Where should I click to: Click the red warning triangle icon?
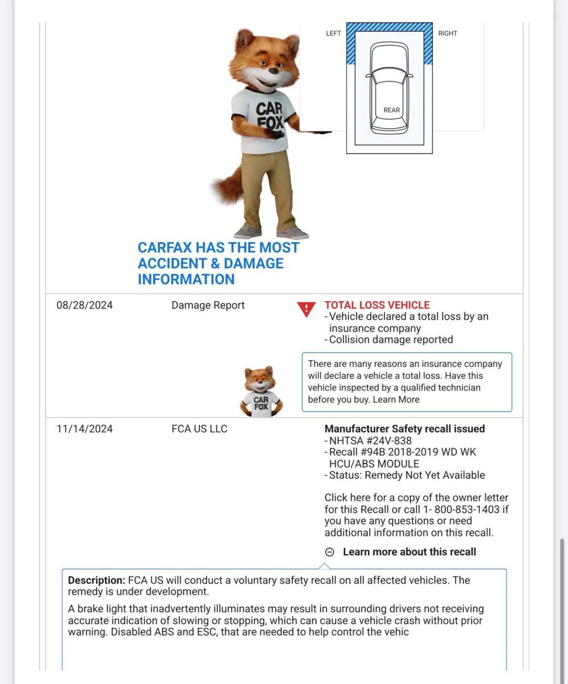click(x=307, y=309)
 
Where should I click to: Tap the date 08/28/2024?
click(x=84, y=306)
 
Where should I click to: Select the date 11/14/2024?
click(x=84, y=429)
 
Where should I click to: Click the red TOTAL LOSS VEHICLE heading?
click(x=377, y=306)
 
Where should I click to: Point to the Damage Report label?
click(x=208, y=306)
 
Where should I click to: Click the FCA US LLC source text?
click(x=199, y=429)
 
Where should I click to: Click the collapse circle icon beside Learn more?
click(x=330, y=552)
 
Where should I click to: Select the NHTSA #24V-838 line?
click(x=370, y=441)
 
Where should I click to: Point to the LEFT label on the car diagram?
click(x=334, y=34)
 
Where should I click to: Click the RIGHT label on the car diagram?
click(x=448, y=34)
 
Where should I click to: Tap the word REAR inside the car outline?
click(x=391, y=110)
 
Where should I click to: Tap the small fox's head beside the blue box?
click(x=259, y=380)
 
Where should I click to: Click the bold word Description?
click(x=96, y=580)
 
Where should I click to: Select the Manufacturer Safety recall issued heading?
click(x=404, y=429)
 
